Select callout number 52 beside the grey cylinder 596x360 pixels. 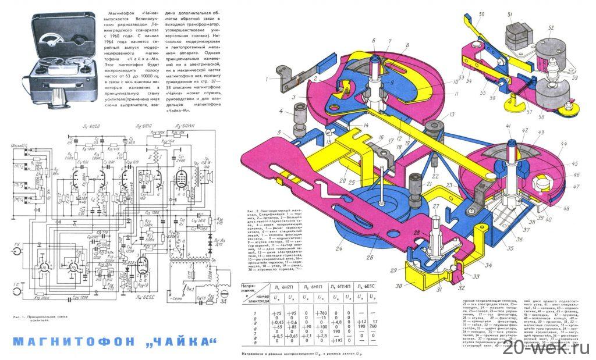tap(551, 27)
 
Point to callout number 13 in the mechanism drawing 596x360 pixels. tap(451, 115)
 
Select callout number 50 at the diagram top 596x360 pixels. tap(481, 14)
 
